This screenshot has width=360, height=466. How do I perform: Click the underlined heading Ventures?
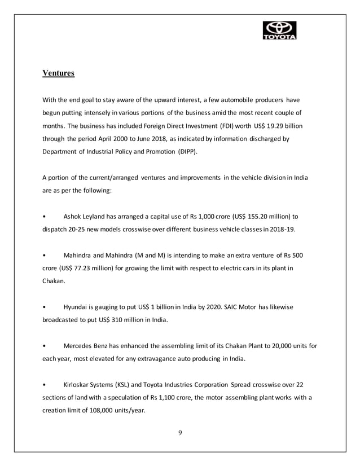pos(59,73)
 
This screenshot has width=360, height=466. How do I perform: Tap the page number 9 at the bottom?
pos(180,433)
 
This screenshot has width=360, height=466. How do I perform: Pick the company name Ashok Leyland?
pos(86,216)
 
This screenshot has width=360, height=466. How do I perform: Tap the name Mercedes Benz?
pos(89,346)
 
